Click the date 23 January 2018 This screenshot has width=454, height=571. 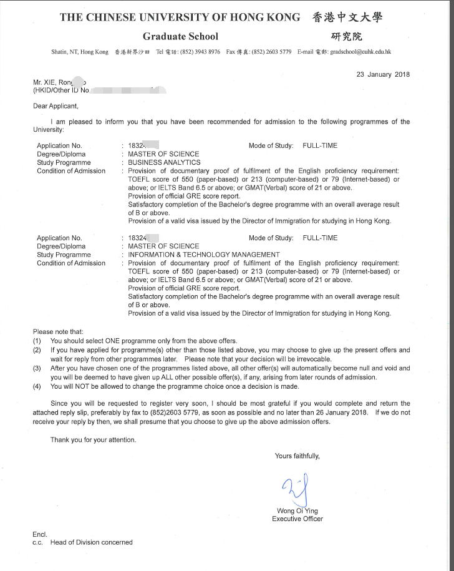point(383,74)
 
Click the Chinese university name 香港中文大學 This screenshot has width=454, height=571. point(347,17)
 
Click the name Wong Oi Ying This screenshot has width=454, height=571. point(297,510)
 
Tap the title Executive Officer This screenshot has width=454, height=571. point(297,519)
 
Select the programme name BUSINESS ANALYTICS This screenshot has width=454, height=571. point(165,162)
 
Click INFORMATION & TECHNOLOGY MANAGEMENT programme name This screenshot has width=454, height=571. point(204,255)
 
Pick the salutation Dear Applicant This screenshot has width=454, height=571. point(56,106)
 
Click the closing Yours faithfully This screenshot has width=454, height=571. point(297,456)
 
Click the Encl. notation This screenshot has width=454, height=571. point(39,534)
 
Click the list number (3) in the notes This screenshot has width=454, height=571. point(37,368)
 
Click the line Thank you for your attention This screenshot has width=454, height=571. point(93,439)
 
